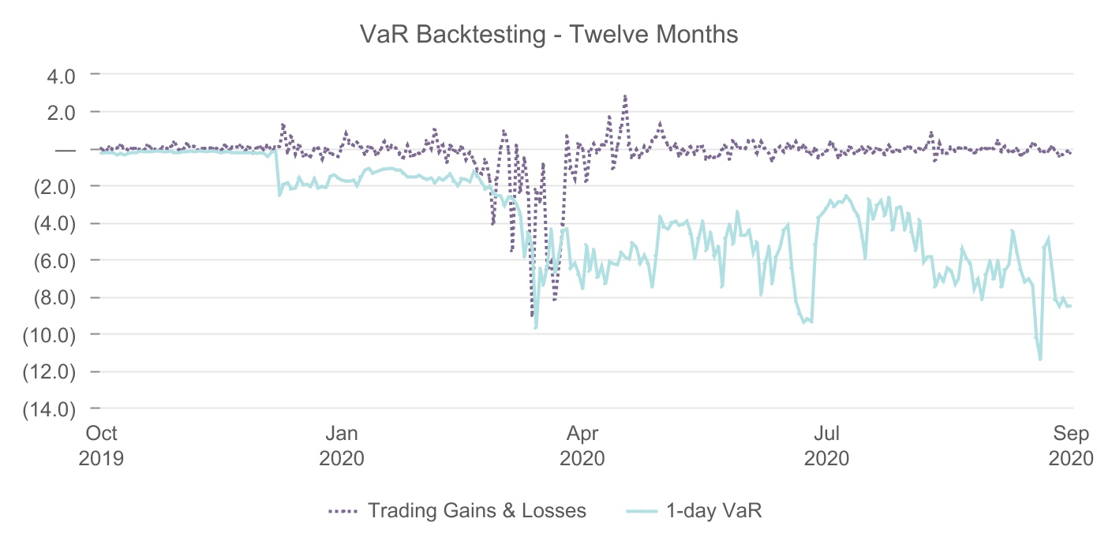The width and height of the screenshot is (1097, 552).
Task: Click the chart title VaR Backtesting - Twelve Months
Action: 548,35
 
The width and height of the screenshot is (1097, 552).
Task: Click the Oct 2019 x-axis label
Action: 102,445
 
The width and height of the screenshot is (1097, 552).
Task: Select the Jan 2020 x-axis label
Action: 342,445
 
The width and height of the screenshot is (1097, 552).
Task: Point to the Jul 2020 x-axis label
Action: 826,445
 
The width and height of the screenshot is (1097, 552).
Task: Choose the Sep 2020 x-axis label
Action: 1069,445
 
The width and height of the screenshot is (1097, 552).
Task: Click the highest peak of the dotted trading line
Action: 625,97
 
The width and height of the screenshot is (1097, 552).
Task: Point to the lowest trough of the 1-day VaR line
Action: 1040,360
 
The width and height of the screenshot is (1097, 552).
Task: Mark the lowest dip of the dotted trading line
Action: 533,315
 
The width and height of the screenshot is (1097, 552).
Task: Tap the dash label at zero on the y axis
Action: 65,149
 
